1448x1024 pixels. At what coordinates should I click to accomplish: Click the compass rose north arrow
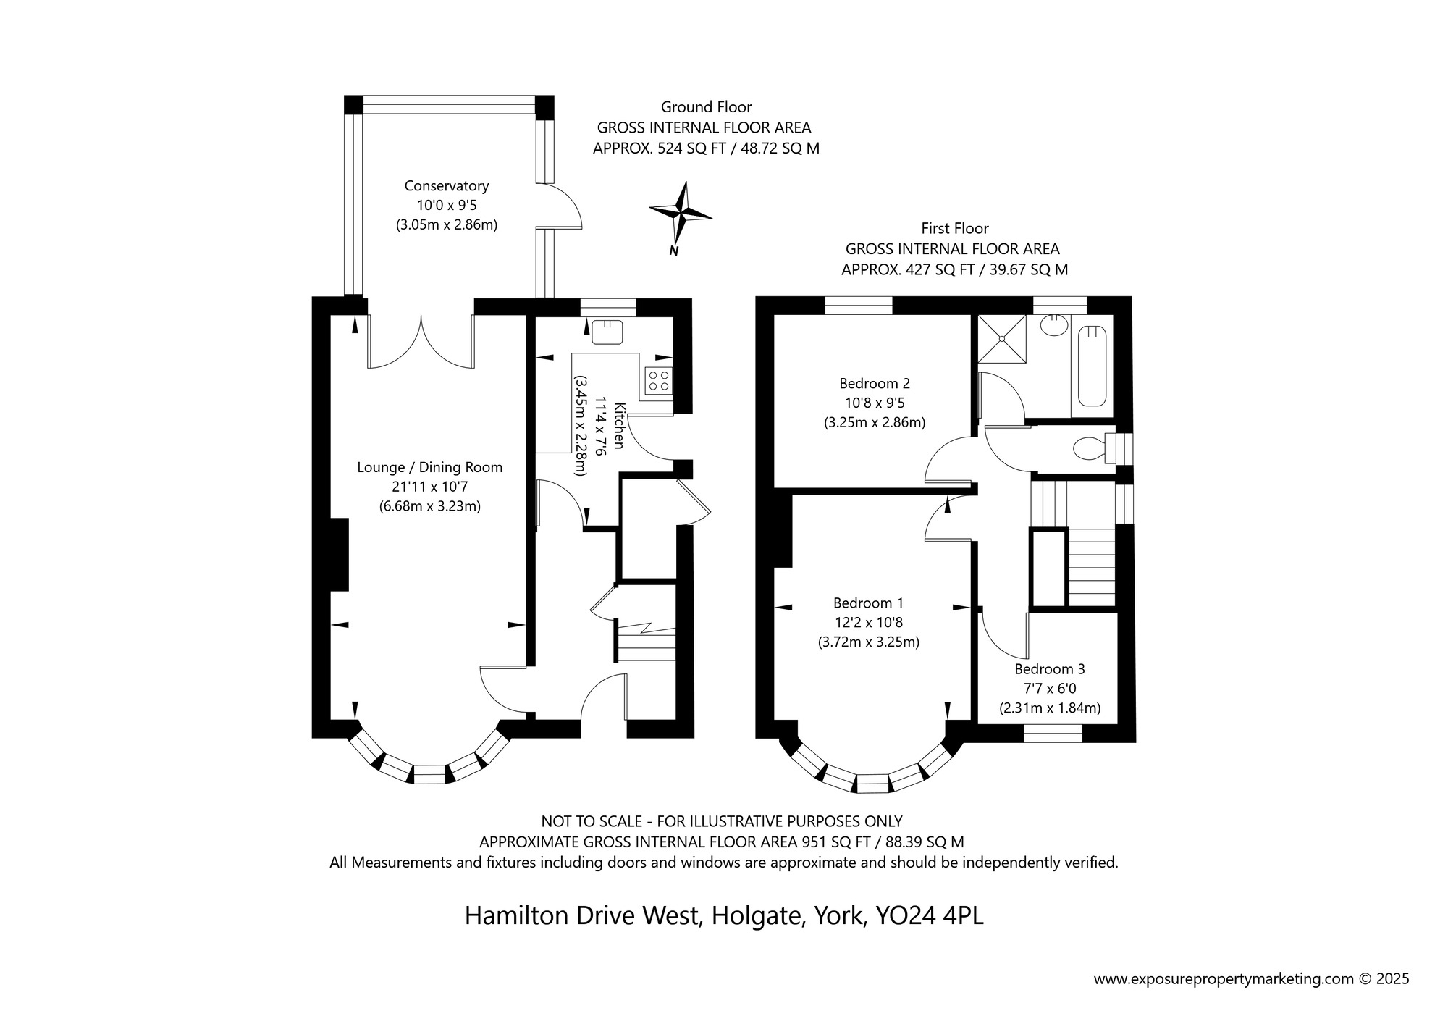681,214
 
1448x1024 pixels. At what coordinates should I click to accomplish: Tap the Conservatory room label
446,186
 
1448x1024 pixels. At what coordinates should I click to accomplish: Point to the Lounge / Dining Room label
429,468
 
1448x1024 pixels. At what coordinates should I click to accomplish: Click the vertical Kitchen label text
619,425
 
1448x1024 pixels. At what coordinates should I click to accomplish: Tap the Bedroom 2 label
874,383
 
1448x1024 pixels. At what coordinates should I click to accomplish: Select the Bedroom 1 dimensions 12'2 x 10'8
868,622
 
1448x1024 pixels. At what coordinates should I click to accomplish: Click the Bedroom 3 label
1049,669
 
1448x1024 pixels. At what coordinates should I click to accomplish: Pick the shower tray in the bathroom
1001,338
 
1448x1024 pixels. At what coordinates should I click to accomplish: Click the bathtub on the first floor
1092,366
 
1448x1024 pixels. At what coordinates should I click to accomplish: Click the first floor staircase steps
1091,567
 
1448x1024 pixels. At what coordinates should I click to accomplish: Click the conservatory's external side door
561,206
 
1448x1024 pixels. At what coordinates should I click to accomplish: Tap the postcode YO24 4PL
930,915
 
